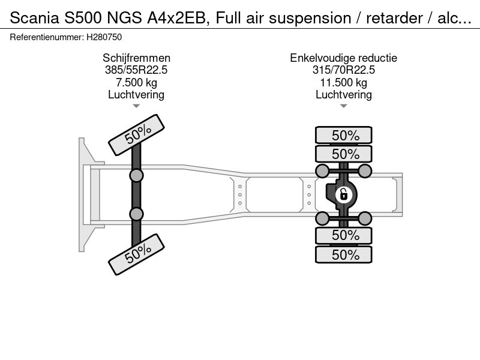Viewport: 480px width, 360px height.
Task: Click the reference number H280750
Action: coord(104,37)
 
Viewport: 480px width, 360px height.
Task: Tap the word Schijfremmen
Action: coord(136,58)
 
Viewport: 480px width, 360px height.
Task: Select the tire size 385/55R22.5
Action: coord(136,70)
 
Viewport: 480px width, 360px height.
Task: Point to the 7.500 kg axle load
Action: coord(136,82)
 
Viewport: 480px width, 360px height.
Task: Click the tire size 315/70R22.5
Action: coord(343,70)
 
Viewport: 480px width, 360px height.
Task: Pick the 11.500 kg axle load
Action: coord(343,82)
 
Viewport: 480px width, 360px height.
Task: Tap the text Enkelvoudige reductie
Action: coord(343,58)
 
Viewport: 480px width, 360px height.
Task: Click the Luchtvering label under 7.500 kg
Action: coord(136,95)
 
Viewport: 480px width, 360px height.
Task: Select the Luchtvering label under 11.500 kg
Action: coord(343,95)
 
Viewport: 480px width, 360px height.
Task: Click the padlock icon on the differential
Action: coord(343,194)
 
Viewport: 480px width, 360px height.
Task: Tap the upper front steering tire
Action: coord(137,135)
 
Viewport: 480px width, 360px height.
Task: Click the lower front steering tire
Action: coord(137,254)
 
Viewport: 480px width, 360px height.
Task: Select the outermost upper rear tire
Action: coord(343,135)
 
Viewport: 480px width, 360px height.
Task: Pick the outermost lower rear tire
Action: coord(343,254)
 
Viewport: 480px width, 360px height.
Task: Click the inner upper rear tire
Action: coord(343,154)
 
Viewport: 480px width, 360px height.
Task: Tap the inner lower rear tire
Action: coord(343,235)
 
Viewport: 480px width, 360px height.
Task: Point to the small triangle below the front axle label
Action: coord(136,106)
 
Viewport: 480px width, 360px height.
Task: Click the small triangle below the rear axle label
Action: coord(343,106)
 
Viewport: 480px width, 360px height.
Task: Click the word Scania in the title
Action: coord(34,18)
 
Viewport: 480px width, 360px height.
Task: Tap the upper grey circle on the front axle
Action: coord(136,176)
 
